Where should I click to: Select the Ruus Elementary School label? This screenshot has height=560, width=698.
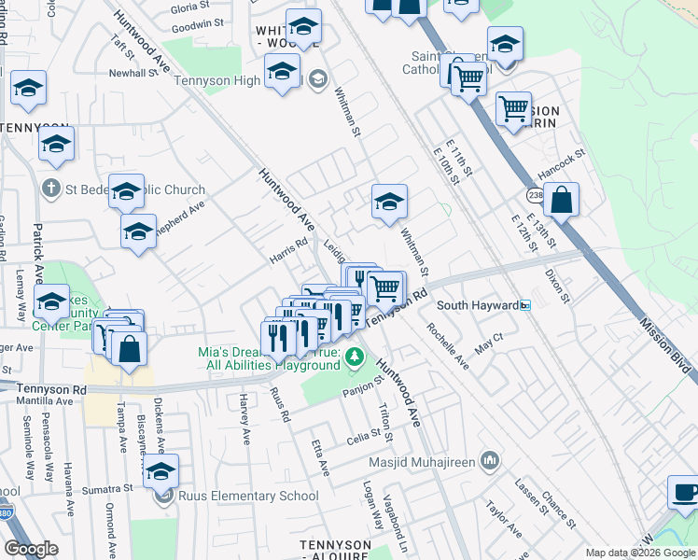pyautogui.click(x=245, y=497)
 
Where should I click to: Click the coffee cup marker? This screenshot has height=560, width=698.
pyautogui.click(x=684, y=491)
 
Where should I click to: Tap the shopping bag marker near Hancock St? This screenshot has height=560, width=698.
pyautogui.click(x=562, y=199)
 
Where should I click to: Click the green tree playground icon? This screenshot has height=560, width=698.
pyautogui.click(x=354, y=357)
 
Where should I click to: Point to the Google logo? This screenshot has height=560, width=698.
pyautogui.click(x=31, y=550)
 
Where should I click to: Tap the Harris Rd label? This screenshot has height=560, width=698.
pyautogui.click(x=288, y=251)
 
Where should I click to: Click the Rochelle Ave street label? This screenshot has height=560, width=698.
pyautogui.click(x=448, y=346)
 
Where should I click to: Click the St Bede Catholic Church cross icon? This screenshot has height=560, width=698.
pyautogui.click(x=52, y=189)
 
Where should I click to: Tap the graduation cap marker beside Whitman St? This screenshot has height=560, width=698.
pyautogui.click(x=389, y=202)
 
